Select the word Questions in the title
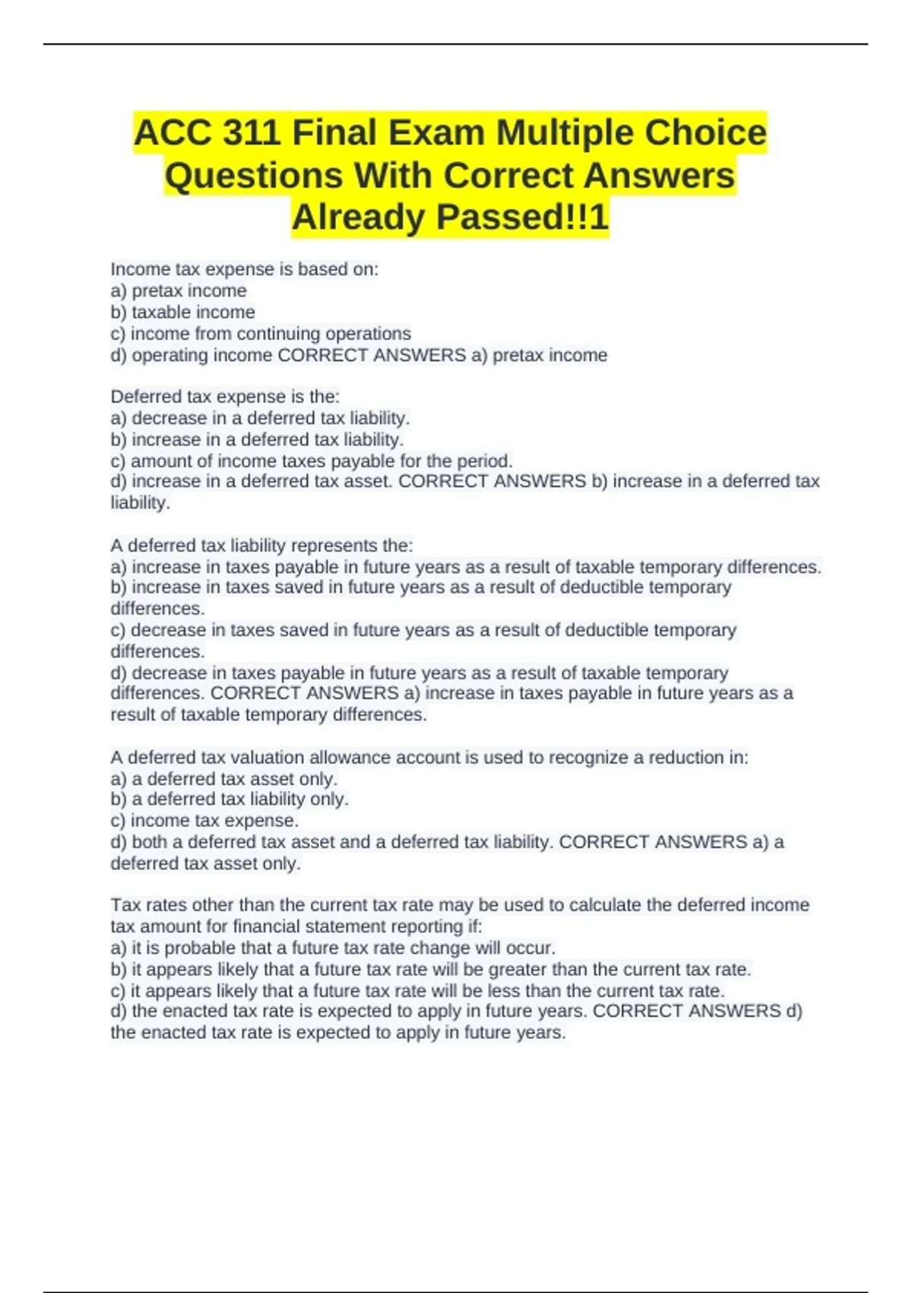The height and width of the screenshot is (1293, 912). point(254,175)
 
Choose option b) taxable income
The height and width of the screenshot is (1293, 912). point(183,312)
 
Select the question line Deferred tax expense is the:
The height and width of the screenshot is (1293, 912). point(225,396)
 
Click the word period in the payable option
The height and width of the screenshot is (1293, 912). point(483,461)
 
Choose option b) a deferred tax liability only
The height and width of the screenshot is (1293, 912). point(230,799)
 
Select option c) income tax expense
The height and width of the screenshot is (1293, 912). point(204,821)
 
